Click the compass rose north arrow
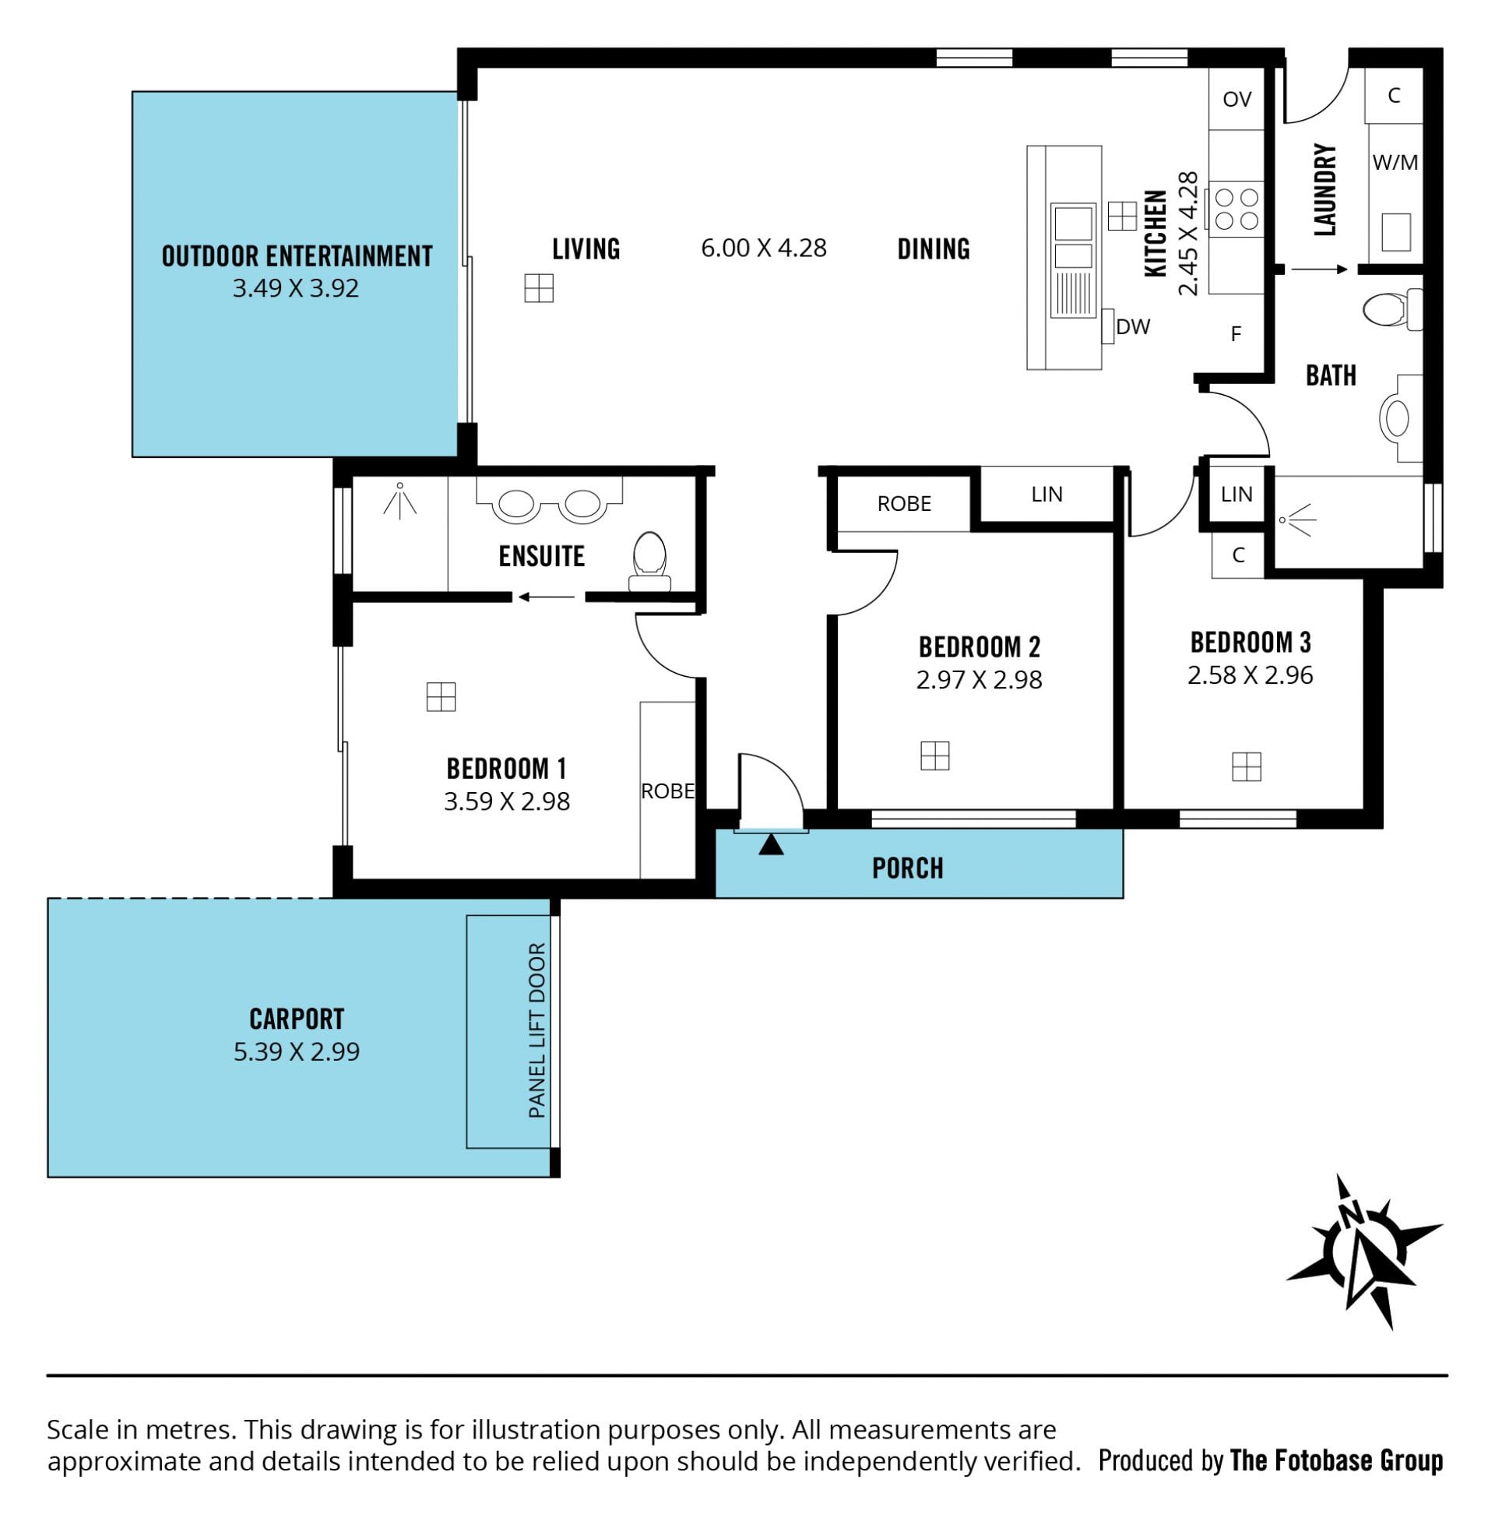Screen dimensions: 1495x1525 pos(1364,1254)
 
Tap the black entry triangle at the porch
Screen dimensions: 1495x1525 pos(771,844)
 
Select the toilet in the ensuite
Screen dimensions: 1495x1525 pos(649,561)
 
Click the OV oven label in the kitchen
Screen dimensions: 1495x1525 pos(1236,99)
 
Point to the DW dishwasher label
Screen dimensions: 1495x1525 pos(1133,326)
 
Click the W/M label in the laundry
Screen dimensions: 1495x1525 pos(1395,163)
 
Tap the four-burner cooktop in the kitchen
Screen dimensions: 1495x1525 pos(1236,209)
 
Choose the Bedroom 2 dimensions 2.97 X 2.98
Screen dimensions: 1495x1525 pos(979,679)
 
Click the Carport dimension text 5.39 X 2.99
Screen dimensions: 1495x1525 pos(297,1051)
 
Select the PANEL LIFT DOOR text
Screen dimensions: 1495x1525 pos(537,1030)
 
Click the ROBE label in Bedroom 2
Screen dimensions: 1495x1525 pos(904,503)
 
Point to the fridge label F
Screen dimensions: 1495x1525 pos(1236,335)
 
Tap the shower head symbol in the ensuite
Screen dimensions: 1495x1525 pos(399,500)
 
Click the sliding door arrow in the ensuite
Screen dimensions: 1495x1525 pos(547,597)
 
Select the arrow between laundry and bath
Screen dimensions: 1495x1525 pos(1320,269)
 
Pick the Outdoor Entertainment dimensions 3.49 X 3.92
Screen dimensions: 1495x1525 pos(296,288)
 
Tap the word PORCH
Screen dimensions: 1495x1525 pos(908,868)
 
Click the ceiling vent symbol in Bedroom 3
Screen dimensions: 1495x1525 pos(1246,766)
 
